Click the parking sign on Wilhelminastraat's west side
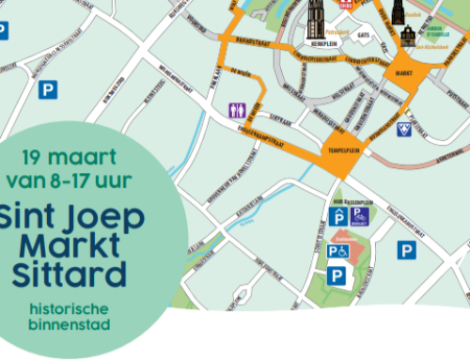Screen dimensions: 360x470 46,90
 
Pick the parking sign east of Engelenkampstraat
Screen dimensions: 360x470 406,250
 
